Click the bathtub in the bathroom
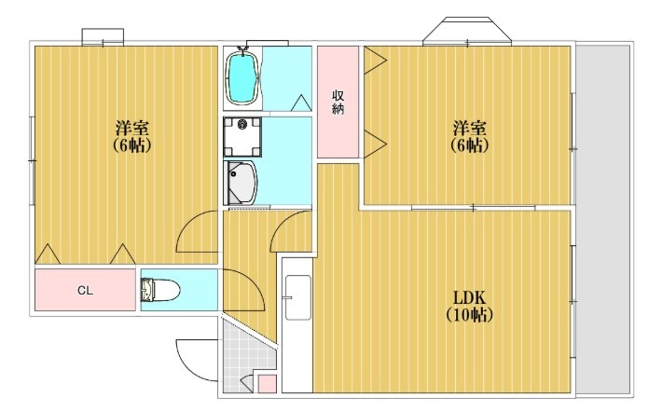click(241, 75)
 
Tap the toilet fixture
click(160, 290)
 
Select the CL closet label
click(85, 291)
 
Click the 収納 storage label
click(338, 102)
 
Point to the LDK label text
click(469, 298)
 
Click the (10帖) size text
click(469, 315)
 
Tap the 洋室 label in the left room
click(132, 128)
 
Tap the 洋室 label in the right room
click(470, 128)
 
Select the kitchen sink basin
click(298, 297)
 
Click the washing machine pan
click(241, 137)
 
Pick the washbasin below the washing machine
click(241, 183)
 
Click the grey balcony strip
click(603, 220)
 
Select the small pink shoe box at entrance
click(267, 384)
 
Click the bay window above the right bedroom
click(467, 31)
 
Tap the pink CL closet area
click(85, 290)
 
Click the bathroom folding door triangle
click(301, 103)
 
